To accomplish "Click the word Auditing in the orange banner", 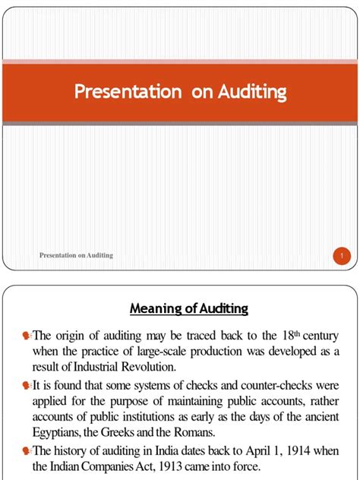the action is pyautogui.click(x=252, y=93).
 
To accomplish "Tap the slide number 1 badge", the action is pyautogui.click(x=342, y=256).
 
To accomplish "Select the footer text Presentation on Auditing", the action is pyautogui.click(x=76, y=255).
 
